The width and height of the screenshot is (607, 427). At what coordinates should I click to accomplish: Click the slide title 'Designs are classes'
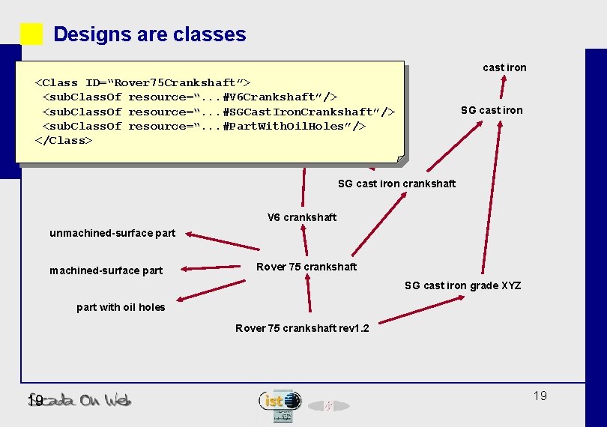click(x=149, y=34)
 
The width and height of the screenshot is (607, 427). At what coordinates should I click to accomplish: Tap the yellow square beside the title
click(x=31, y=34)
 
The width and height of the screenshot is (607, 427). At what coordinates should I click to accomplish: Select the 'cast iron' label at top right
click(x=504, y=67)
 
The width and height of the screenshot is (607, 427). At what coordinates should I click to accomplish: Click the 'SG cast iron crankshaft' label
click(x=396, y=184)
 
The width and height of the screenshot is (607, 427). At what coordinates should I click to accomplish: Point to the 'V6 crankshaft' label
click(x=302, y=217)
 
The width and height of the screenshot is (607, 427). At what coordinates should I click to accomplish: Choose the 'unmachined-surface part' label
click(x=112, y=233)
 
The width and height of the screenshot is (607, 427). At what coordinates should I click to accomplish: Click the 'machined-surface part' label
click(x=106, y=270)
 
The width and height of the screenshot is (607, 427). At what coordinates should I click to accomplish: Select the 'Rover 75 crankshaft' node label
click(x=306, y=267)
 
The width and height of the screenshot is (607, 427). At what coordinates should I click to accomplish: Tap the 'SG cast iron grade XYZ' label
click(x=462, y=285)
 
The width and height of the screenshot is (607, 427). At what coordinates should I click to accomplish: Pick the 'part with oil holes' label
click(x=121, y=307)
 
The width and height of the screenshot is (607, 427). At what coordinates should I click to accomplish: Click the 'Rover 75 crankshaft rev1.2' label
click(x=302, y=328)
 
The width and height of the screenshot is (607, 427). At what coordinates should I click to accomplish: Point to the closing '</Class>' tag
click(x=64, y=140)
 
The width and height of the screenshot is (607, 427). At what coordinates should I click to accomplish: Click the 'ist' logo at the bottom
click(x=280, y=401)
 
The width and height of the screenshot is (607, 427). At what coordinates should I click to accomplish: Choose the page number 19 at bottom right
click(x=540, y=396)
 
